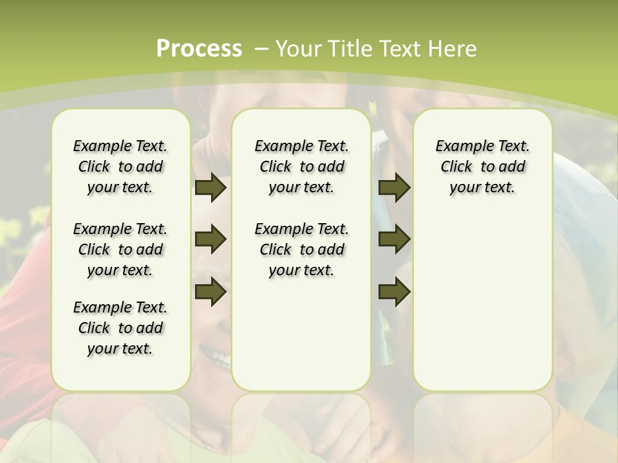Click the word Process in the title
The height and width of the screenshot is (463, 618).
[199, 49]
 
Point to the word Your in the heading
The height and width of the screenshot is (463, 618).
[299, 49]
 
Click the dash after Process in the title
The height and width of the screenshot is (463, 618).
[261, 50]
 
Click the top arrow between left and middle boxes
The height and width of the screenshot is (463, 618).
[211, 188]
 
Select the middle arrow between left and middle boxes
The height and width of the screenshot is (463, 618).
[211, 240]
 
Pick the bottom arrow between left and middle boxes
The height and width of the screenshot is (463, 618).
[211, 292]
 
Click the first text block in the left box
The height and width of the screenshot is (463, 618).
[120, 167]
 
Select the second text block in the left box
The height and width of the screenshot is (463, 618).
[120, 250]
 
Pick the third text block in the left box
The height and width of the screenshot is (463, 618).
[120, 328]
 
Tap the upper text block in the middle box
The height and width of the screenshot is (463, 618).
[302, 167]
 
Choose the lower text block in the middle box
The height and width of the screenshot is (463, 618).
[302, 250]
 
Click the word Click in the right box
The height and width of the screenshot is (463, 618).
[456, 167]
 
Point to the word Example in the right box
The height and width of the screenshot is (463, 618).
[462, 147]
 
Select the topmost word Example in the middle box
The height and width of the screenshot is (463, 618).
[281, 147]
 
